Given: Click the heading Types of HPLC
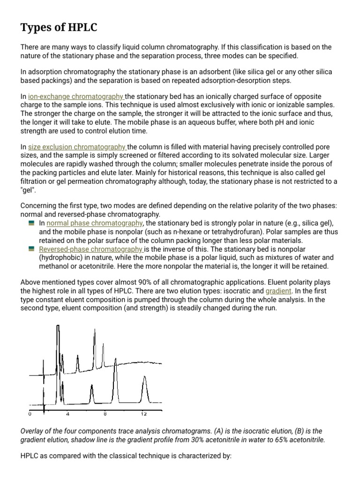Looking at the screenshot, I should pyautogui.click(x=59, y=28).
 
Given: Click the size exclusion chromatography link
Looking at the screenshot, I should pyautogui.click(x=77, y=147).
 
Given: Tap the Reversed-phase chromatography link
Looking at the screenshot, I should pyautogui.click(x=91, y=249).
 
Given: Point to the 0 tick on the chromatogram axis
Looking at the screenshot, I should pyautogui.click(x=30, y=414).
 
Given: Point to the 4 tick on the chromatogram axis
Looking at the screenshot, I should pyautogui.click(x=67, y=414).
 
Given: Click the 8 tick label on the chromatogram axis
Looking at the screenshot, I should pyautogui.click(x=105, y=414).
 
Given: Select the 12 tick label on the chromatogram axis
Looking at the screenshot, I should pyautogui.click(x=144, y=414).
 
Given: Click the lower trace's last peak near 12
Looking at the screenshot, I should pyautogui.click(x=144, y=389).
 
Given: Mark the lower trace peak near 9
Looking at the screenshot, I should pyautogui.click(x=113, y=384).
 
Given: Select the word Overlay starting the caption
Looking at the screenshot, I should pyautogui.click(x=33, y=431).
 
